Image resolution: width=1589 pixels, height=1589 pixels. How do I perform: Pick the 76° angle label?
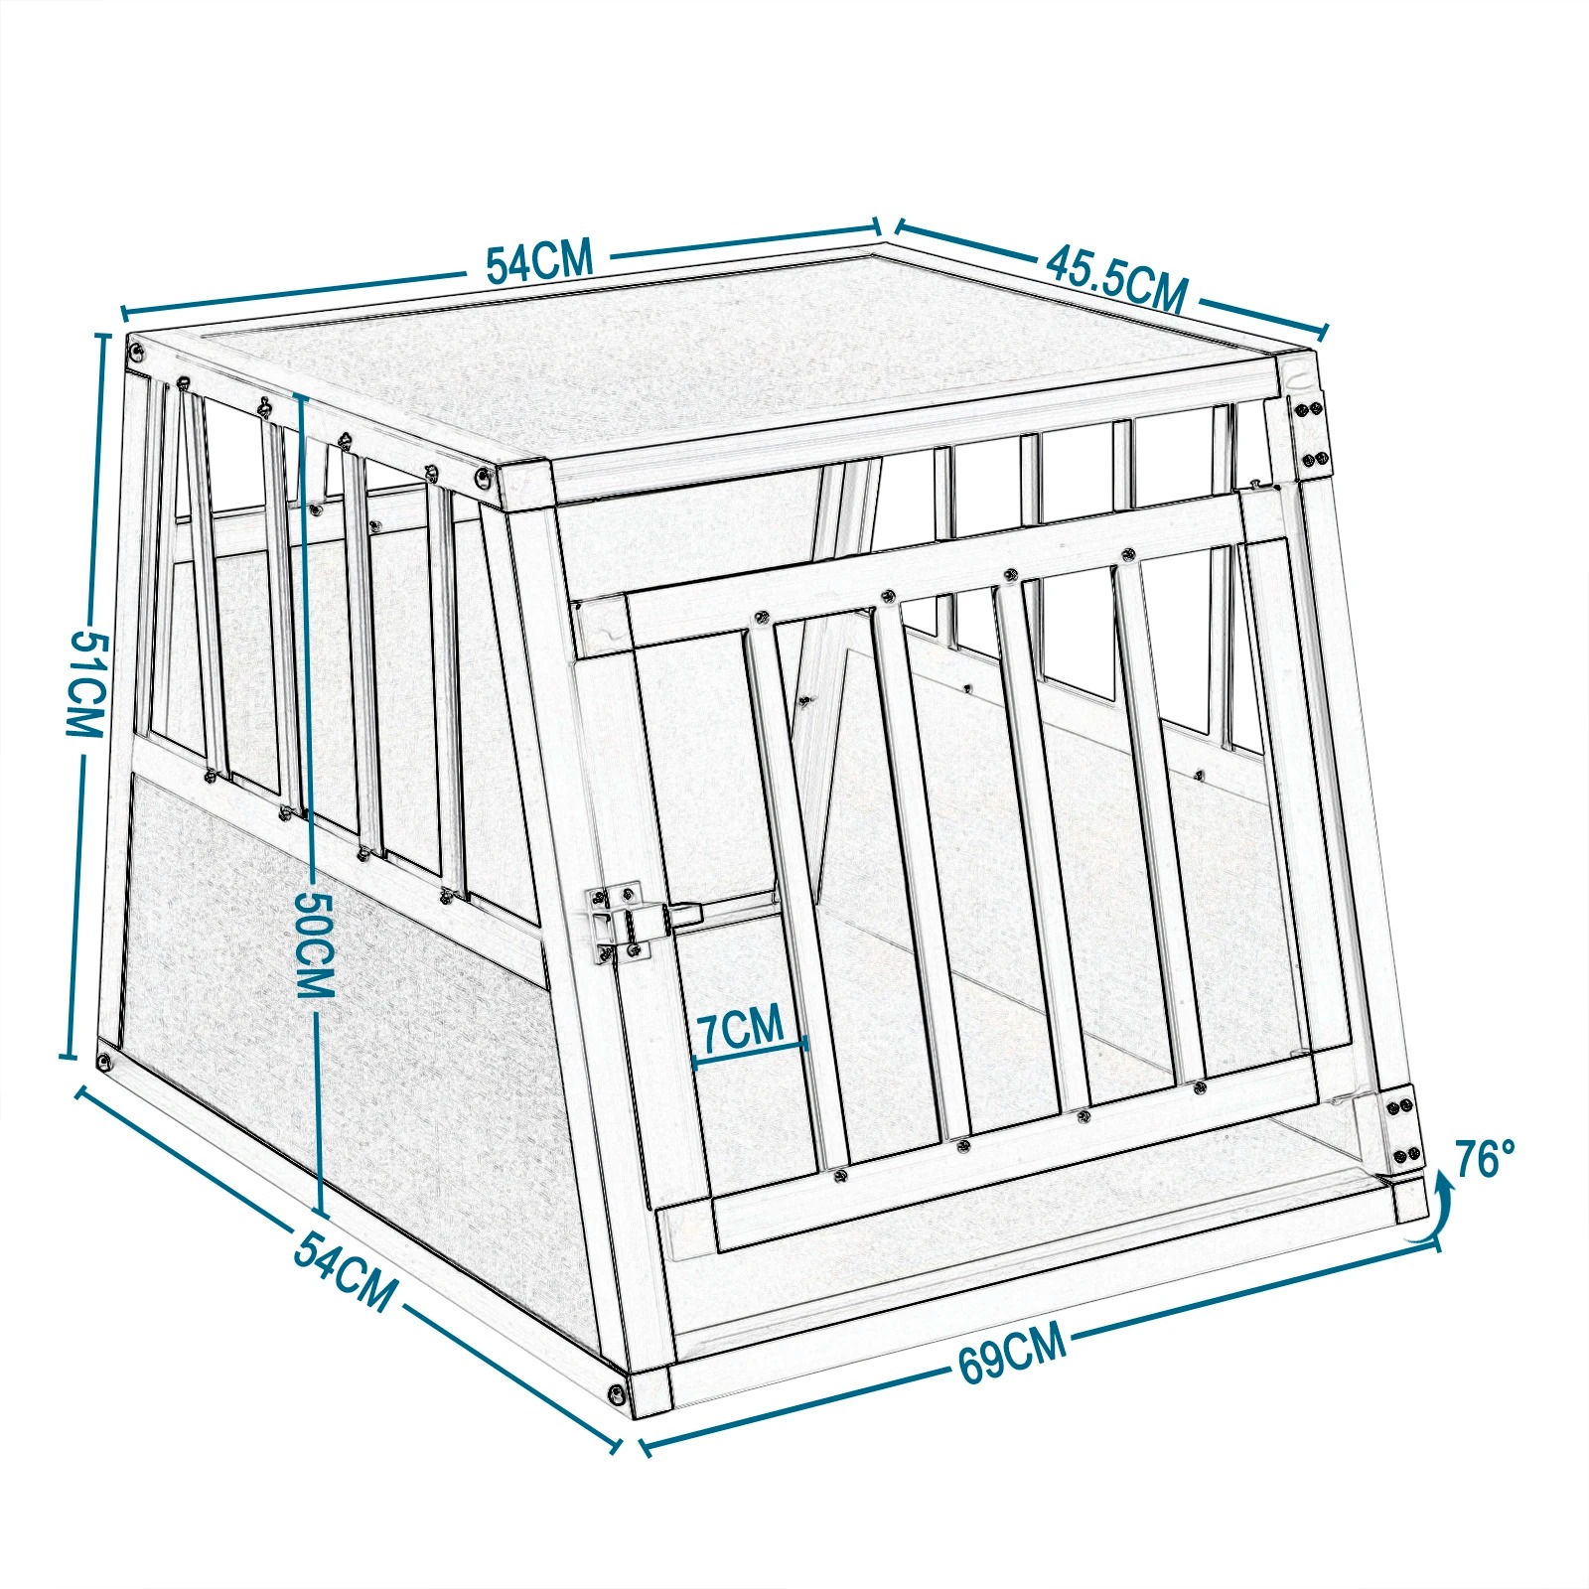click(x=1486, y=1158)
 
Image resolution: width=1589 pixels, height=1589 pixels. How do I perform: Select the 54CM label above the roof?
click(x=539, y=261)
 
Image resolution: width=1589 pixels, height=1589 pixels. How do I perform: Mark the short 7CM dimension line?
click(x=751, y=1052)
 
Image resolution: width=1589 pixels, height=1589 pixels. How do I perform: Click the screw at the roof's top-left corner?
click(x=136, y=349)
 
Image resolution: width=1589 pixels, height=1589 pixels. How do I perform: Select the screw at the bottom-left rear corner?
click(x=104, y=1061)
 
